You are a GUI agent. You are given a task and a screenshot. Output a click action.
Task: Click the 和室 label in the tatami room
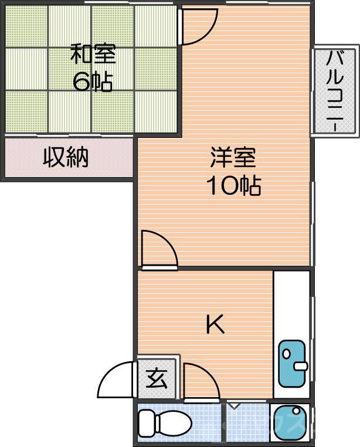[93, 55]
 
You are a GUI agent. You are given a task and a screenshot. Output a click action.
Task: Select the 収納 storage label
[66, 157]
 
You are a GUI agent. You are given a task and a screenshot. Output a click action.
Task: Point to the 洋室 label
[233, 158]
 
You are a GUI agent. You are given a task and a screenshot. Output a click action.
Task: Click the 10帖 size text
[233, 186]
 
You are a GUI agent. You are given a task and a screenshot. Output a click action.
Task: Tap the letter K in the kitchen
[215, 324]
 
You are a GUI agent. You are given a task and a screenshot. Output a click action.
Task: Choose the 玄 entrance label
[156, 379]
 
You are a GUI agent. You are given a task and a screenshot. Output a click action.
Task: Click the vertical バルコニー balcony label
[335, 92]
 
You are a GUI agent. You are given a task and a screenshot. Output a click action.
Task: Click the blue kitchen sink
[291, 363]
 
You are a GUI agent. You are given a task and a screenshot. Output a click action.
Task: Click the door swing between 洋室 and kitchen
[158, 249]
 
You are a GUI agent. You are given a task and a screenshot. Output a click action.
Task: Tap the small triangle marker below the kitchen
[233, 405]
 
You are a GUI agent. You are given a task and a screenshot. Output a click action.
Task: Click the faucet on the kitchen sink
[301, 367]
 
